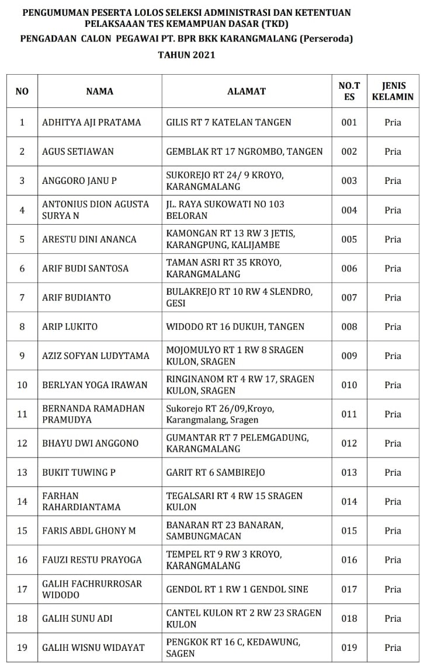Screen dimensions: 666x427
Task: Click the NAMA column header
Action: pos(99,91)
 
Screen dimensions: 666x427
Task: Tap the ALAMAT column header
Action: pos(246,91)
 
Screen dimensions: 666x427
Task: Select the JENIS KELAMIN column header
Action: pos(393,91)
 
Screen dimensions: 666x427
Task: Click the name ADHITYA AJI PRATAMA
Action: pos(92,123)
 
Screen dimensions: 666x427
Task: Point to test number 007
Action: pos(349,298)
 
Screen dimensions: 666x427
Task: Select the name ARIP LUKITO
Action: pos(70,327)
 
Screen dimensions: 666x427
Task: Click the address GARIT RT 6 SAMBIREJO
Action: pos(216,473)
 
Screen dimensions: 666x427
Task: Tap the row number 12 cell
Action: pos(22,444)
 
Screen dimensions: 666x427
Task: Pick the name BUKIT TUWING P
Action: pos(79,473)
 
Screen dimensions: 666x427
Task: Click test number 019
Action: pos(349,647)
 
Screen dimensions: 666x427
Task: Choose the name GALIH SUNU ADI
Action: pos(78,618)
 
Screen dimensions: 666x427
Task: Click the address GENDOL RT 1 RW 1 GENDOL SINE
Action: pos(237,590)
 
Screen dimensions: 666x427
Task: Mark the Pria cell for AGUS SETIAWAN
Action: pos(393,152)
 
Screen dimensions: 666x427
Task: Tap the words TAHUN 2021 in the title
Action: pos(186,55)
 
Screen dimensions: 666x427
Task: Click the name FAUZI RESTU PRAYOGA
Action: pos(92,560)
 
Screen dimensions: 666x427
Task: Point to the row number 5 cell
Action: pos(22,239)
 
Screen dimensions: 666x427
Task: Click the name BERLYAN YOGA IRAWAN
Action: pos(95,385)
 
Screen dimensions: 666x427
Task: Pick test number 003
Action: pos(349,181)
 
